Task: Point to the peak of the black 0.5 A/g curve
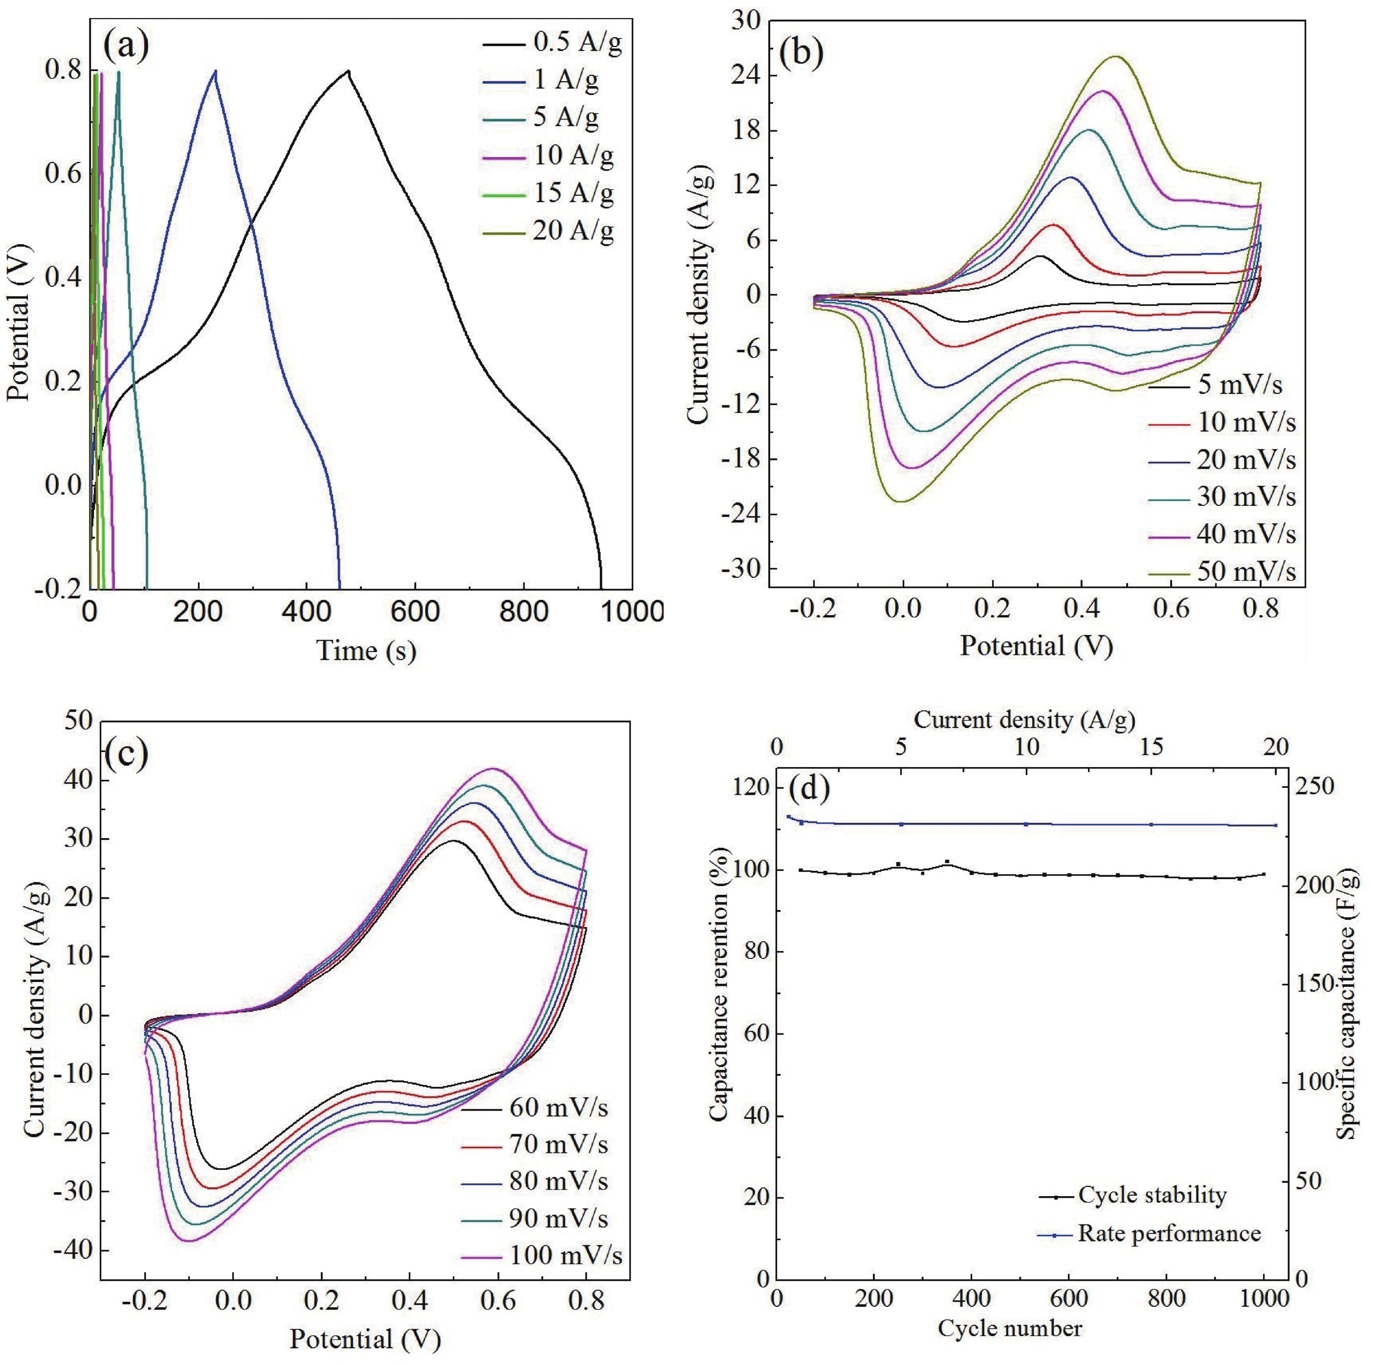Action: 348,70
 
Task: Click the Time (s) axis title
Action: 366,650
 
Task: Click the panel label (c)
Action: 126,754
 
